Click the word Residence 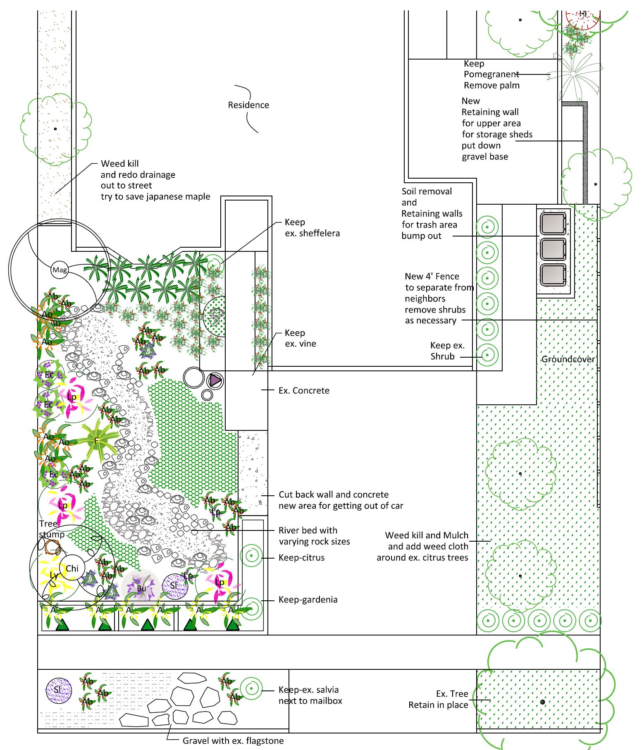coord(248,105)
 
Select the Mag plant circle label coord(60,270)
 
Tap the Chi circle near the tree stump coord(72,568)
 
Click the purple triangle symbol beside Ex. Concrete coord(215,380)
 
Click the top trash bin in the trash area coord(553,224)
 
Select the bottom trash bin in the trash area coord(553,275)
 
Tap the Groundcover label coord(568,359)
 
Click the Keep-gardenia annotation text coord(308,600)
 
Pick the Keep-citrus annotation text coord(301,557)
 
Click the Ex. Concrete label coord(304,390)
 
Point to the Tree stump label coord(50,529)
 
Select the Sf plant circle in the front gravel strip coord(58,690)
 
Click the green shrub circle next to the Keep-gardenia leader coord(250,609)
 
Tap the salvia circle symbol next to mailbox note coord(251,688)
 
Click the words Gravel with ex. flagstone coord(233,740)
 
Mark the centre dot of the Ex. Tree coord(542,702)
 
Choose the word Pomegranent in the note coord(491,74)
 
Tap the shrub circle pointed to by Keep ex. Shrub coord(487,355)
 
